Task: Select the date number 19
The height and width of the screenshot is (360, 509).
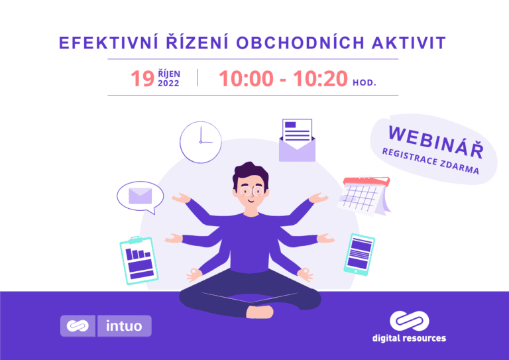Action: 142,79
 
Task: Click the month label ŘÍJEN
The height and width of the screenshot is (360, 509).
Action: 168,73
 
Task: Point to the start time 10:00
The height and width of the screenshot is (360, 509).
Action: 246,79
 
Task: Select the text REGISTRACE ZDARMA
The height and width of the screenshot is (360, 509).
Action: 430,162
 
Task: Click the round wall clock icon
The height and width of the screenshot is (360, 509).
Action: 200,142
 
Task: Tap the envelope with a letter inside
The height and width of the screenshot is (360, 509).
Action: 297,140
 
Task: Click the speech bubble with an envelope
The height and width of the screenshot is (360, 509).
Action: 140,196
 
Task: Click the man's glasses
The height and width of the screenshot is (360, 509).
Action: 251,189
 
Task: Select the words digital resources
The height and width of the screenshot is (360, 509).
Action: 409,338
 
